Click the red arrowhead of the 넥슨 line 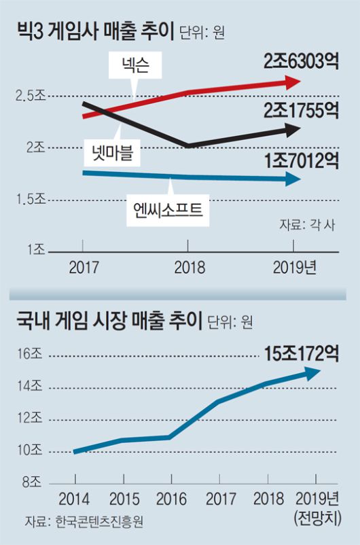pos(294,82)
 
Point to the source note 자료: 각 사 pos(307,224)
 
